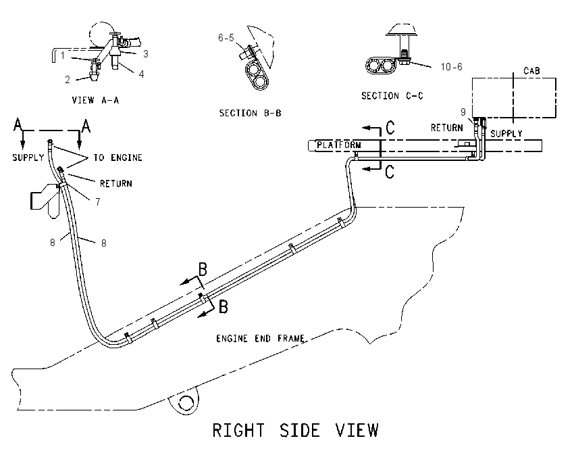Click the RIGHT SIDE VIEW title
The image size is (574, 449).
coord(295,430)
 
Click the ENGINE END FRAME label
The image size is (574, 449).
coord(260,338)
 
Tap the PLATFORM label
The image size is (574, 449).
coord(338,145)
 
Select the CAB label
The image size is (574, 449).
coord(531,71)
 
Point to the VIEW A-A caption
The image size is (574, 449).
coord(95,100)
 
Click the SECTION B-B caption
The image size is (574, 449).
coord(251,113)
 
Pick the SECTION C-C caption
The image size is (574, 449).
coord(392,95)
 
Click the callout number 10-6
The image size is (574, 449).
coord(451,67)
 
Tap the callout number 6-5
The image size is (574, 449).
coord(226,38)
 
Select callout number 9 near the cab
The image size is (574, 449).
coord(463,112)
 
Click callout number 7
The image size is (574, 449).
coord(98,202)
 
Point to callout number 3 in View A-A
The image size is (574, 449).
coord(146,54)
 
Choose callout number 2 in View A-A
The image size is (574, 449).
coord(68,80)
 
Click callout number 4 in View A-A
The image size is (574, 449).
coord(141,74)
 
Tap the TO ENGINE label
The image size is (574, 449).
coord(118,158)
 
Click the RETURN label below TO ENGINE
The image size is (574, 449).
coord(116,183)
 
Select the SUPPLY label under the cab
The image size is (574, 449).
coord(506,133)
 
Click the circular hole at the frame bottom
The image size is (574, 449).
coord(186,403)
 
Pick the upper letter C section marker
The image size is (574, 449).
coord(390,128)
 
